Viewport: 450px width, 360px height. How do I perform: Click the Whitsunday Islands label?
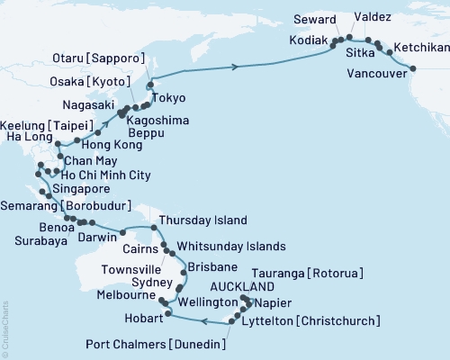[231, 246]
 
